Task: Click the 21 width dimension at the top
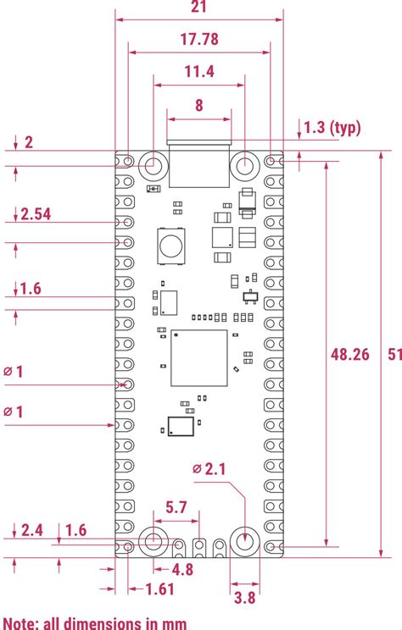coord(199,7)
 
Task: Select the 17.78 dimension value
coord(198,39)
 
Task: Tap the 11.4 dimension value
coord(198,72)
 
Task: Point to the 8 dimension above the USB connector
coord(198,105)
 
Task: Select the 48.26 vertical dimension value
coord(349,355)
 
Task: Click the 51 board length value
coord(393,355)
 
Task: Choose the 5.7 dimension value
coord(176,507)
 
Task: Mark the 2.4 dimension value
coord(31,530)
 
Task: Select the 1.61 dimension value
coord(159,589)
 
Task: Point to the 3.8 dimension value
coord(244,597)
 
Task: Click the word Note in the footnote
coord(22,622)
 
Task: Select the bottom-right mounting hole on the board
coord(245,540)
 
